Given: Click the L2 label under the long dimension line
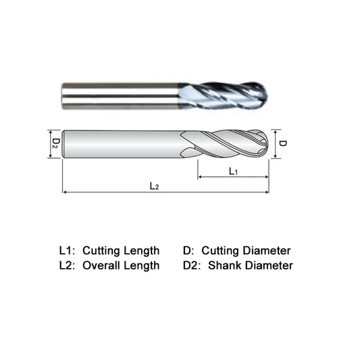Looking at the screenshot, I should (155, 186).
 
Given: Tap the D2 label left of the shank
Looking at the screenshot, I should (57, 143).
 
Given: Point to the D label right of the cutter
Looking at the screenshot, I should (284, 143).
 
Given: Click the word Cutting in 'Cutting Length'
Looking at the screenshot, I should (103, 251).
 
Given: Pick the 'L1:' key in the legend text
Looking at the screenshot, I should (68, 251).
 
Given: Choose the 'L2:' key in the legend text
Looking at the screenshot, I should (68, 265).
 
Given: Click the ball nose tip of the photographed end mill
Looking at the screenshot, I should (264, 95).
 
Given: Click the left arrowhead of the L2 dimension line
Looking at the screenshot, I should (65, 192).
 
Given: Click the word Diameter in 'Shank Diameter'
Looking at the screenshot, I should (269, 265).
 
